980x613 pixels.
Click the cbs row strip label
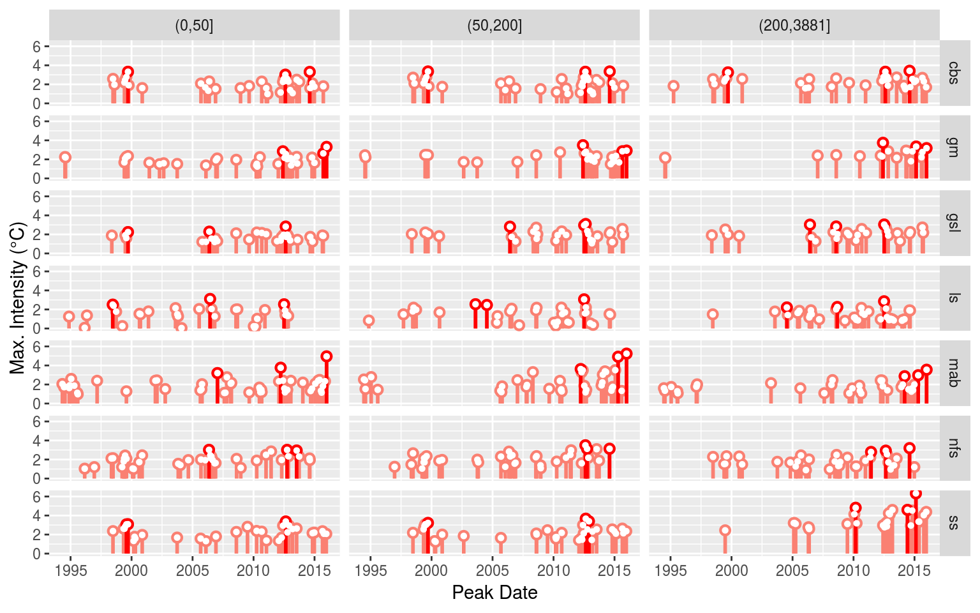pos(954,72)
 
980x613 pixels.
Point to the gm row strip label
pos(954,148)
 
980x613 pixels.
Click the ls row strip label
pos(954,298)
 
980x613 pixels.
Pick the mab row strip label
pos(954,372)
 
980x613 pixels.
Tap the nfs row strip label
pos(954,448)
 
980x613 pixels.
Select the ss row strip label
pos(954,522)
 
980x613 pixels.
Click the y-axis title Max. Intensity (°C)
pos(18,298)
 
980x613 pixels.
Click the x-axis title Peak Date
pos(494,593)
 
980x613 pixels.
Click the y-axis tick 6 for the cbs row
pos(37,47)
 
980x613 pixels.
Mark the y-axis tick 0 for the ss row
pos(37,554)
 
